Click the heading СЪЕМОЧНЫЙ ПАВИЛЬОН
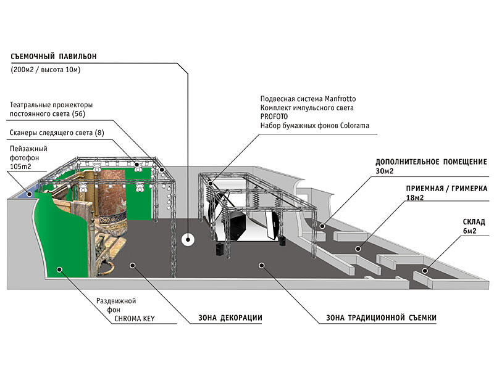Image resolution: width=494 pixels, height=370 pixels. point(54,57)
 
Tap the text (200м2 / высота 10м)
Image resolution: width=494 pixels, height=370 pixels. point(46,70)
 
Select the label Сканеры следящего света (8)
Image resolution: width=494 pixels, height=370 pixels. point(57,133)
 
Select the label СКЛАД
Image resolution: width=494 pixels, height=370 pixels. point(474,221)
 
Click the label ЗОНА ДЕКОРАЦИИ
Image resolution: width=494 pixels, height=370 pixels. point(230,318)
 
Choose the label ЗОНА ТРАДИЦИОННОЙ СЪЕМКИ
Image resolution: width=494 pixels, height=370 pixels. point(381,318)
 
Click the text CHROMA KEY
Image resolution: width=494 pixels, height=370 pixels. point(134,319)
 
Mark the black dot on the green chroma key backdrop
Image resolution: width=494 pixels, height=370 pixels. point(60,268)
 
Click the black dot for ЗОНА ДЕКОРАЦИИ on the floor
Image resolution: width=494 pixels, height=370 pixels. point(132,264)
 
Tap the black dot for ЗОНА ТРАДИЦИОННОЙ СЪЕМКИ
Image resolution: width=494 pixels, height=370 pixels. point(262,265)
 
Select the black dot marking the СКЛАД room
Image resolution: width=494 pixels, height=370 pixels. point(425,270)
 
